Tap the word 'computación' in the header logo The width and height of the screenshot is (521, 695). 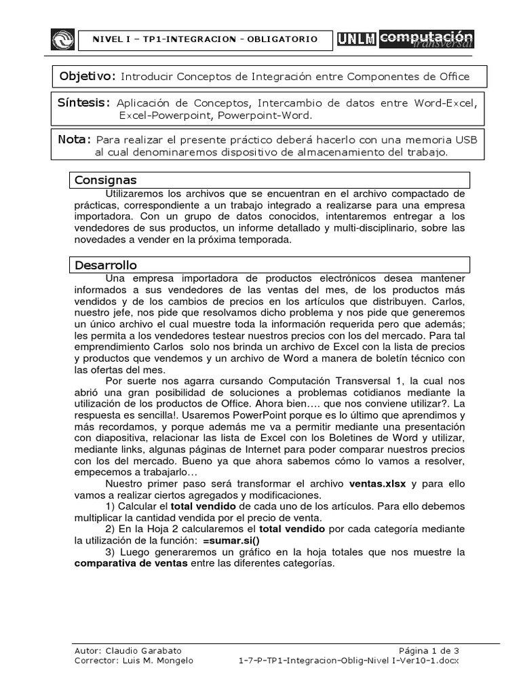426,36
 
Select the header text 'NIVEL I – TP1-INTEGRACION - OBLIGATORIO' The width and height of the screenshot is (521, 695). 204,39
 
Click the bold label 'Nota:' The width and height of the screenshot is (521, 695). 75,139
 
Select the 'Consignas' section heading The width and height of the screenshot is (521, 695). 107,180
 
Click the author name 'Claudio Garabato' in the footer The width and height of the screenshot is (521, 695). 128,650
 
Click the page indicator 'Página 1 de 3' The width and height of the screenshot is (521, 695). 428,650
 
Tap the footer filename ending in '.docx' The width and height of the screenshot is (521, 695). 349,660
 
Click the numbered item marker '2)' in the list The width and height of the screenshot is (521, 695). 113,529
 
